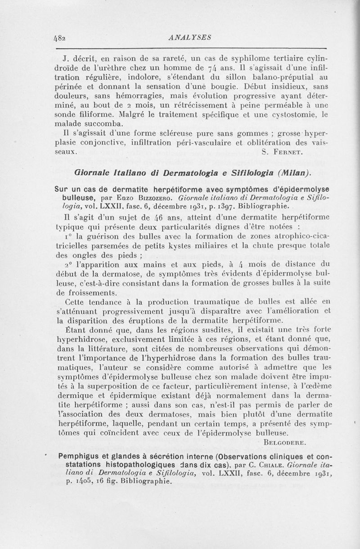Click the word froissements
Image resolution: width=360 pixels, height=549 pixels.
pyautogui.click(x=85, y=292)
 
